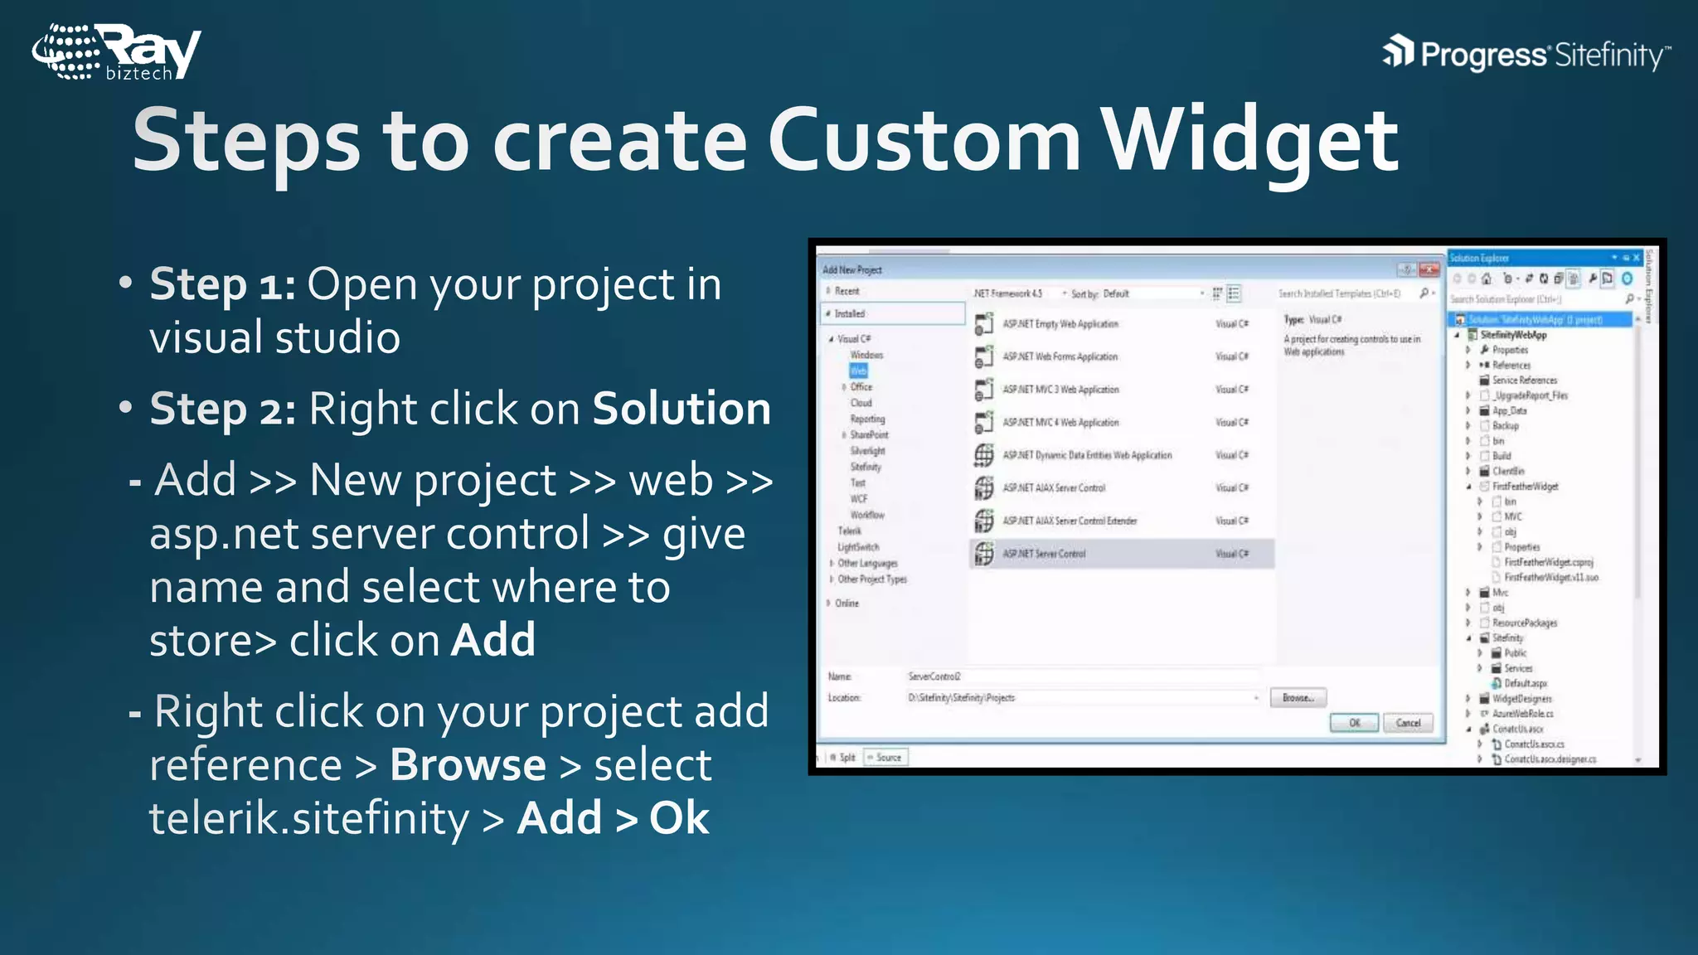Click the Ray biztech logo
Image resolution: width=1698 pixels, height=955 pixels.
116,51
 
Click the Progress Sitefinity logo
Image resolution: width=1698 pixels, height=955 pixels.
1526,54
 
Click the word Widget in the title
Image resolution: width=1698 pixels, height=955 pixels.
1249,141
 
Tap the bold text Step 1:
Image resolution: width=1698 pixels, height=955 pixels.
222,284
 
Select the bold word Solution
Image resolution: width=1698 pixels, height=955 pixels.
682,408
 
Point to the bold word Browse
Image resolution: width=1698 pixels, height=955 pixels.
468,764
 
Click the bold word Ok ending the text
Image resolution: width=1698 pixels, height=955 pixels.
679,818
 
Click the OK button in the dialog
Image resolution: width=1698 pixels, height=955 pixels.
1354,723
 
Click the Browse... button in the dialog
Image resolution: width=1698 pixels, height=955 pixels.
1298,698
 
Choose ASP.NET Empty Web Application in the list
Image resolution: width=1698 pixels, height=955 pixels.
1060,324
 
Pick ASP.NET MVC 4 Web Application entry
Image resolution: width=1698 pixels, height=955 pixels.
1060,423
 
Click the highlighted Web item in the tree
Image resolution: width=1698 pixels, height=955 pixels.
858,371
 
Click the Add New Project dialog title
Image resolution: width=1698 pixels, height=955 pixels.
852,269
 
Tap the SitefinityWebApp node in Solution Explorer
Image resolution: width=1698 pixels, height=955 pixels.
1513,335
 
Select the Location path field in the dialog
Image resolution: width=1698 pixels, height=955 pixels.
1078,698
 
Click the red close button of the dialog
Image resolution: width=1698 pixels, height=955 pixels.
1429,269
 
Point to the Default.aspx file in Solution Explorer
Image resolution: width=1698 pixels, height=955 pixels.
1525,683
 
